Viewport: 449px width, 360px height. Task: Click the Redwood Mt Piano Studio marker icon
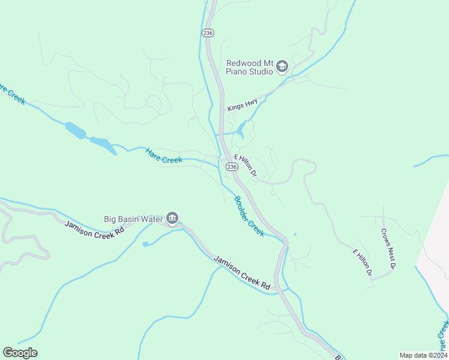282,67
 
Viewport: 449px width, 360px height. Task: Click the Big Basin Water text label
133,219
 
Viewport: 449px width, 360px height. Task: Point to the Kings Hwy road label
243,105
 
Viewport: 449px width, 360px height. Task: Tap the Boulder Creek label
249,216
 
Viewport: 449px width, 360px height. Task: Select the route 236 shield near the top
208,33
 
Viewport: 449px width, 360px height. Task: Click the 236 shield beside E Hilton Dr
231,166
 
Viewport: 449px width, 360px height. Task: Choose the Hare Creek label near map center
163,156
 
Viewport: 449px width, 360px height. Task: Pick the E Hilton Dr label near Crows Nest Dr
363,262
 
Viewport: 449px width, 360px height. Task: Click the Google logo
20,353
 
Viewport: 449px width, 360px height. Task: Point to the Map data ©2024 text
423,355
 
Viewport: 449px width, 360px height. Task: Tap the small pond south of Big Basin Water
145,244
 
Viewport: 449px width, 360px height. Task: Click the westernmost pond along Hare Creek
74,130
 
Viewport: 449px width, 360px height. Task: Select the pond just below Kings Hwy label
241,128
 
